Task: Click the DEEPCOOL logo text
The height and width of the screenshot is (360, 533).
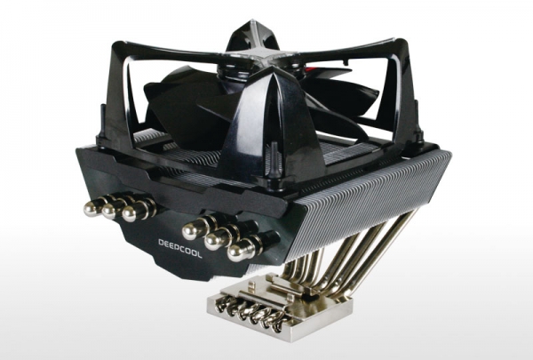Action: [x=180, y=248]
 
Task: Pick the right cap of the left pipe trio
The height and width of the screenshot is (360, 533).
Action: [x=131, y=213]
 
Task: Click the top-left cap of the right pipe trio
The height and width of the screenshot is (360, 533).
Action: [x=192, y=230]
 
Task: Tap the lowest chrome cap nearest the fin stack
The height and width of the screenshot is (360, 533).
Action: [x=239, y=252]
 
